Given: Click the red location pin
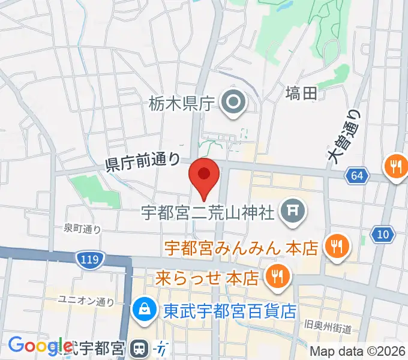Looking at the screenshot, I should pos(204,176).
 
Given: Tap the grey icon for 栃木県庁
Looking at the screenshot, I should pos(232,104).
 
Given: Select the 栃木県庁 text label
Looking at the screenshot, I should pos(181,104).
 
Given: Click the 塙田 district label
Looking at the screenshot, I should pos(301,93).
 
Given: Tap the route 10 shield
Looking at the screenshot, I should pos(383,233).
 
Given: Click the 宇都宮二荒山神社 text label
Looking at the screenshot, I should pos(208,212).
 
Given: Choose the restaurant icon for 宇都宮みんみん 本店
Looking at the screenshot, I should pos(337,246).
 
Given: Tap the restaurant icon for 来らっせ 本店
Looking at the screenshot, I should pos(277,277).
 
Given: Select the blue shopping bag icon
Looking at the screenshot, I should pos(145,310).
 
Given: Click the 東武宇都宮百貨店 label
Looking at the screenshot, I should pos(230,310).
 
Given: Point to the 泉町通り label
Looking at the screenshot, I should pos(82,228).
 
